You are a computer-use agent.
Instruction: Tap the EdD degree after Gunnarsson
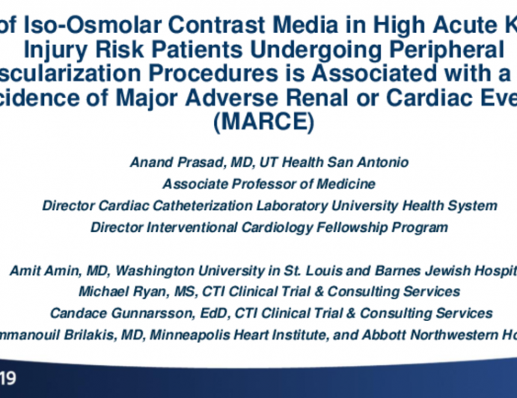pos(204,312)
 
